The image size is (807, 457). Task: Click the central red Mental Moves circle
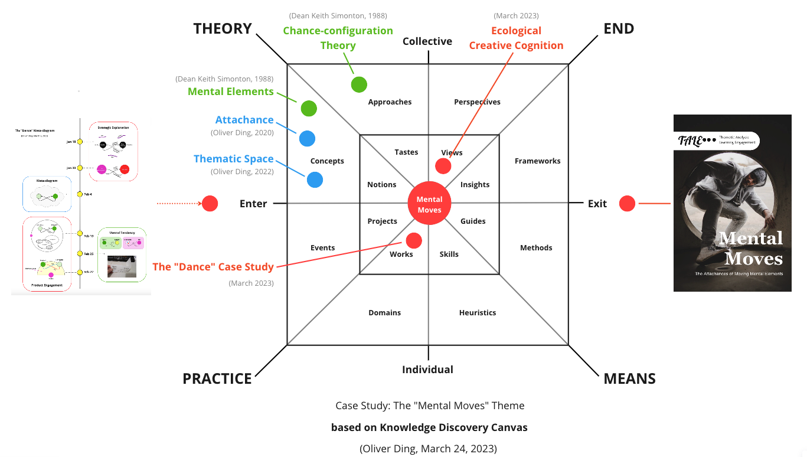tap(429, 204)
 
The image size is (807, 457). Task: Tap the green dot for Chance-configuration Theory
tap(359, 84)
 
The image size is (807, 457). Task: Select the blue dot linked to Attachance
tap(307, 138)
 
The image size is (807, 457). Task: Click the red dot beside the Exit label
tap(627, 204)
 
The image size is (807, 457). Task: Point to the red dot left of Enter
tap(210, 204)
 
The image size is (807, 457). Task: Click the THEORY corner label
tap(223, 28)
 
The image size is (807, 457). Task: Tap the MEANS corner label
tap(629, 378)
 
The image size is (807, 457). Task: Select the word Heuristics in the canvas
tap(478, 313)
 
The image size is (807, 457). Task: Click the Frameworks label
tap(537, 161)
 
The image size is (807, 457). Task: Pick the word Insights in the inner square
tap(475, 185)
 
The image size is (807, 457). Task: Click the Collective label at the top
tap(427, 41)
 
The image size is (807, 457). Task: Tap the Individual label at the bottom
tap(427, 370)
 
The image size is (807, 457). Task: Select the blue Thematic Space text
tap(234, 159)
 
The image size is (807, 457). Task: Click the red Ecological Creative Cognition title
tap(516, 38)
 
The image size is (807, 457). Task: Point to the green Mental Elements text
tap(231, 92)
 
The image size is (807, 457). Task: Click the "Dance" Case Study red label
tap(214, 267)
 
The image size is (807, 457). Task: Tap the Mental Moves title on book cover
tap(750, 248)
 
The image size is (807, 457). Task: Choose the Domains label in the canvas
tap(384, 313)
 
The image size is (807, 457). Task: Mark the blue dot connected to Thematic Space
tap(315, 179)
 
